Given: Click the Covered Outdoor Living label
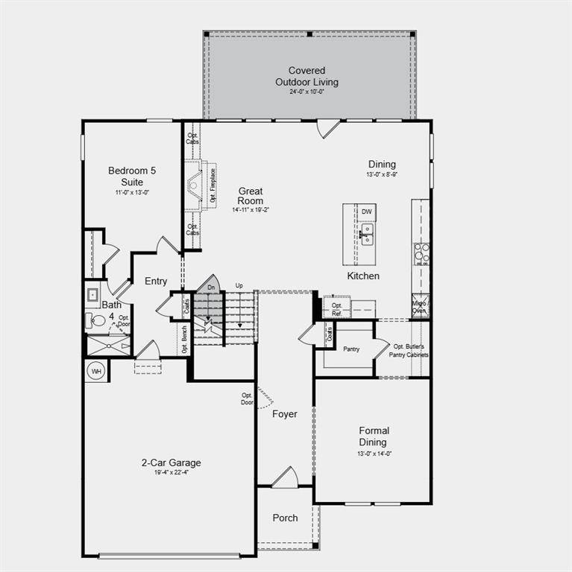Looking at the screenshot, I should tap(307, 76).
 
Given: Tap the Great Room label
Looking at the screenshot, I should tap(251, 196).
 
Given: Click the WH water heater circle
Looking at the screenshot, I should tap(96, 371).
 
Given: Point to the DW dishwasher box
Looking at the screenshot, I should tap(366, 212).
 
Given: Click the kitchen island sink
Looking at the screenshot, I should tap(365, 237).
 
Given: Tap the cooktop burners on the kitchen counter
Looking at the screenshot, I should tap(421, 254).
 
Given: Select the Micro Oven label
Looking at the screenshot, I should tap(420, 307).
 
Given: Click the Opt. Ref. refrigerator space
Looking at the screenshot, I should tap(337, 308).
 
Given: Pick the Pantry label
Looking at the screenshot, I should tap(352, 349).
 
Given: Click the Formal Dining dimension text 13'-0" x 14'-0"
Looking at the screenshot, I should tap(374, 454).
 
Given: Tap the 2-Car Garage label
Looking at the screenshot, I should tap(171, 463).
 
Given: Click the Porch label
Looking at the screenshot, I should tap(285, 518).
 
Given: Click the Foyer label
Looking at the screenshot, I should tap(284, 414).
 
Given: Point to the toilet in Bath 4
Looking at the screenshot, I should tap(97, 321).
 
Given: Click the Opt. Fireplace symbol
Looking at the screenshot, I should tap(197, 182).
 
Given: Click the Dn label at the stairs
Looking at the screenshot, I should tap(211, 287).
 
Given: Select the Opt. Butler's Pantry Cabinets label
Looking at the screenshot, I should tap(409, 350).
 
